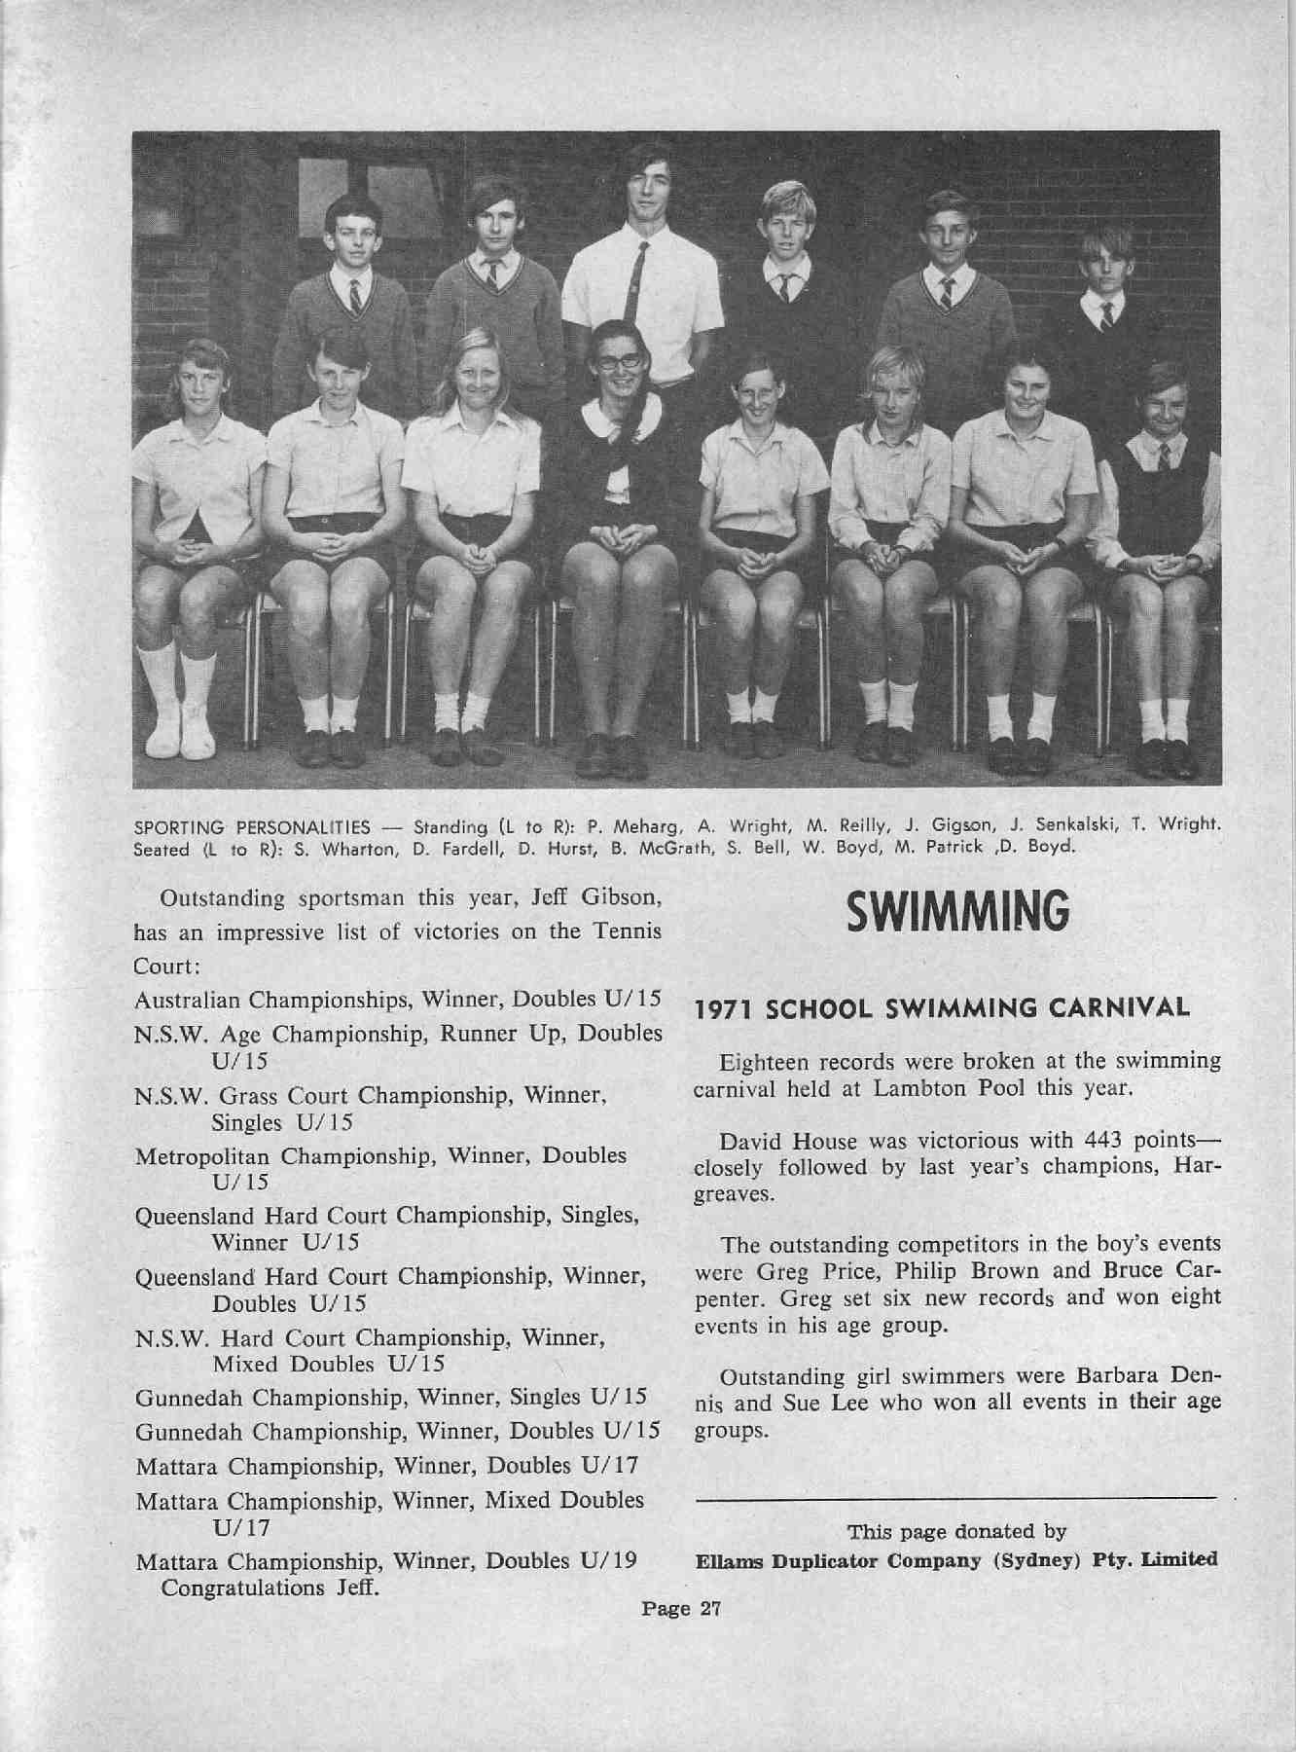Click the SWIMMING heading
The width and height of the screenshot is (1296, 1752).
pos(958,911)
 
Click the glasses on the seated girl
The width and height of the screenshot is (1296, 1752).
pos(618,359)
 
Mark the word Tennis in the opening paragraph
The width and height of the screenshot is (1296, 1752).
pos(629,931)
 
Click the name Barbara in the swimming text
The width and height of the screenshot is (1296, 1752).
pos(1117,1377)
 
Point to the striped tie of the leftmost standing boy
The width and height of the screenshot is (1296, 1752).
pos(355,295)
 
